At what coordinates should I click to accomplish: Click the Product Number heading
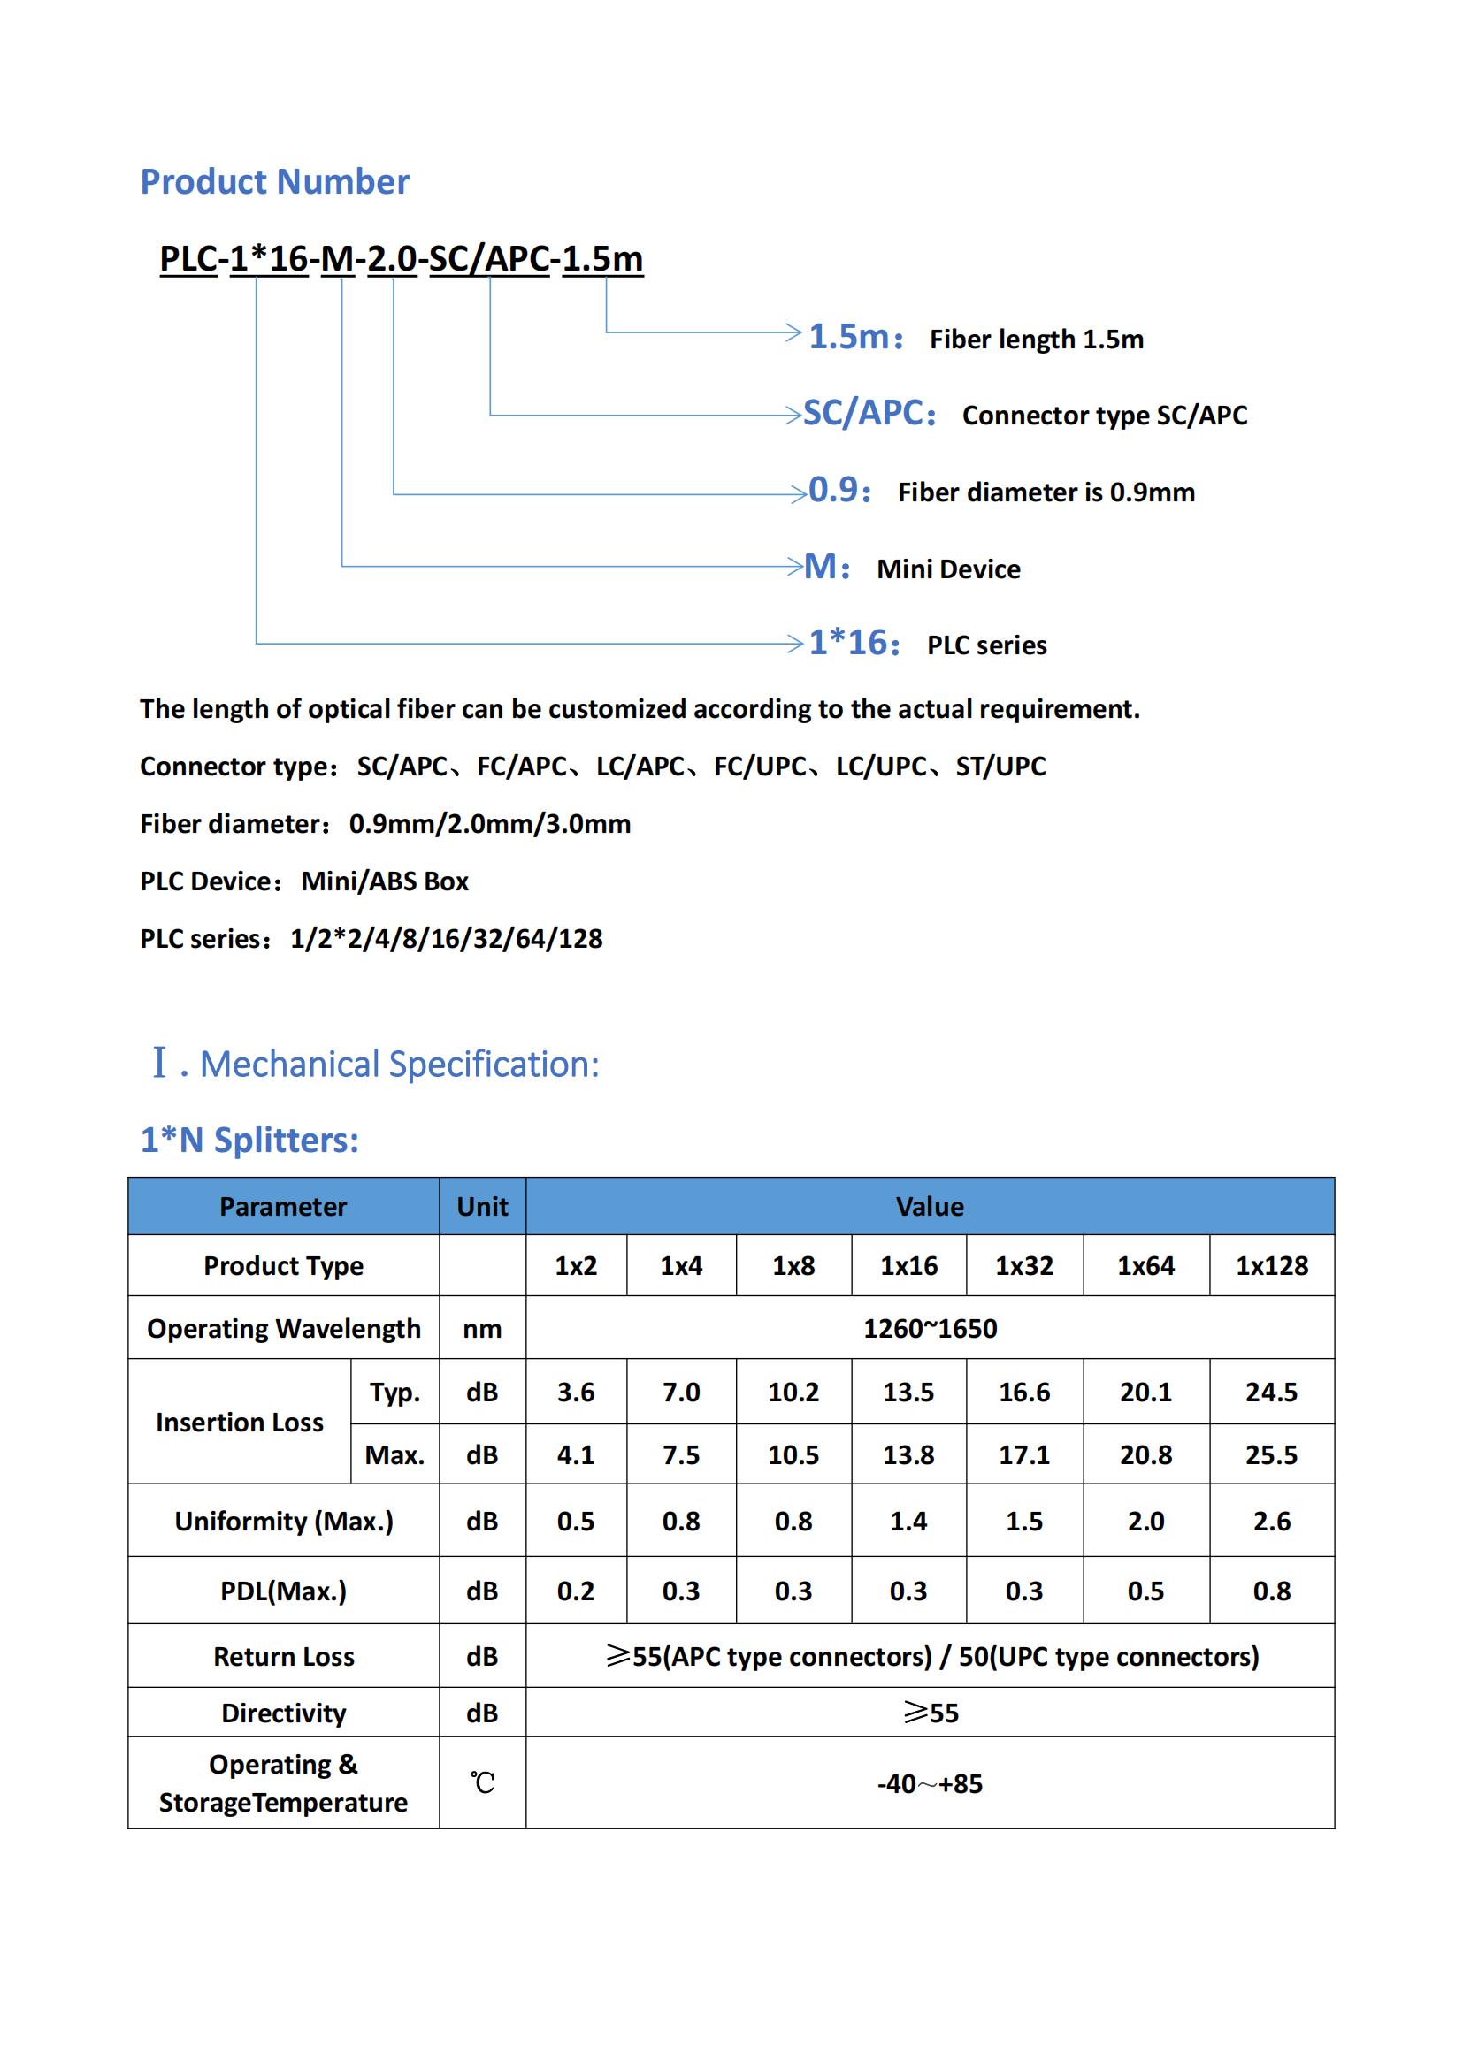pos(275,182)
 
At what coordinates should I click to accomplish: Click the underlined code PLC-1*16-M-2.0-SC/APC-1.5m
pos(401,258)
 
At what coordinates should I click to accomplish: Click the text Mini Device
pos(947,569)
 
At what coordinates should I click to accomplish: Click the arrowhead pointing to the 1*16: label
pos(794,643)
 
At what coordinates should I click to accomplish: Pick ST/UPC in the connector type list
pos(1000,767)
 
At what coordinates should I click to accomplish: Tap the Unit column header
pos(482,1207)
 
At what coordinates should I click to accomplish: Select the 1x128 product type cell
pos(1271,1265)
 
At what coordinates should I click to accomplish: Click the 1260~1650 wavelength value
pos(930,1329)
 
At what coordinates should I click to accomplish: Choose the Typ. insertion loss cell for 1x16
pos(908,1393)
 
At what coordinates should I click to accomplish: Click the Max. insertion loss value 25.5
pos(1271,1454)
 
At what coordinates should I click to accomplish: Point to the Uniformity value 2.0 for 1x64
pos(1145,1522)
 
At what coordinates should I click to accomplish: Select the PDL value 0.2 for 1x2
pos(576,1591)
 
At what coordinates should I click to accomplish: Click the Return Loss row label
pos(284,1656)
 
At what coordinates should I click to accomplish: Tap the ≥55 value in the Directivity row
pos(931,1713)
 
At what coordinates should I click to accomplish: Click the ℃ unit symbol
pos(482,1783)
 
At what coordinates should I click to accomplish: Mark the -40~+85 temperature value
pos(930,1783)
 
